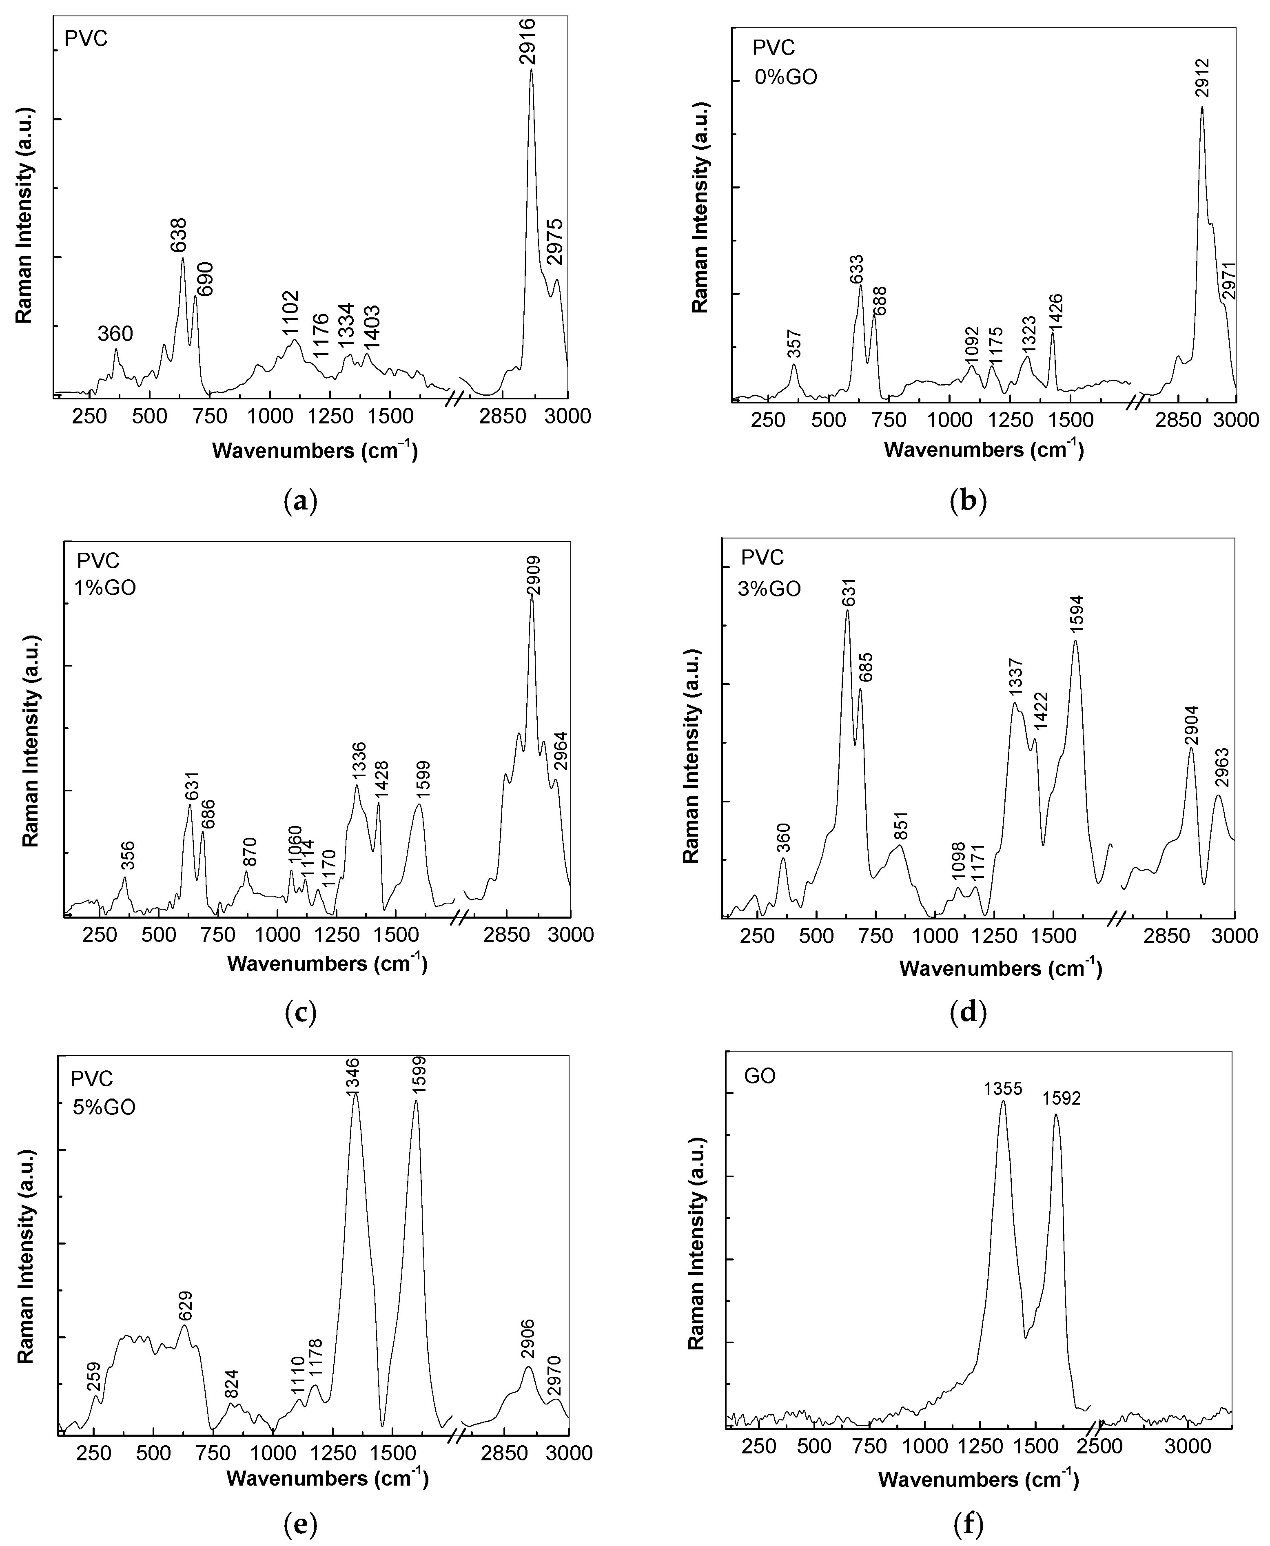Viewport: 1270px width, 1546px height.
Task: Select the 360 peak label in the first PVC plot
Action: (x=115, y=334)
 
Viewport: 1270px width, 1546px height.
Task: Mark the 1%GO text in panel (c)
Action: (x=107, y=588)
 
